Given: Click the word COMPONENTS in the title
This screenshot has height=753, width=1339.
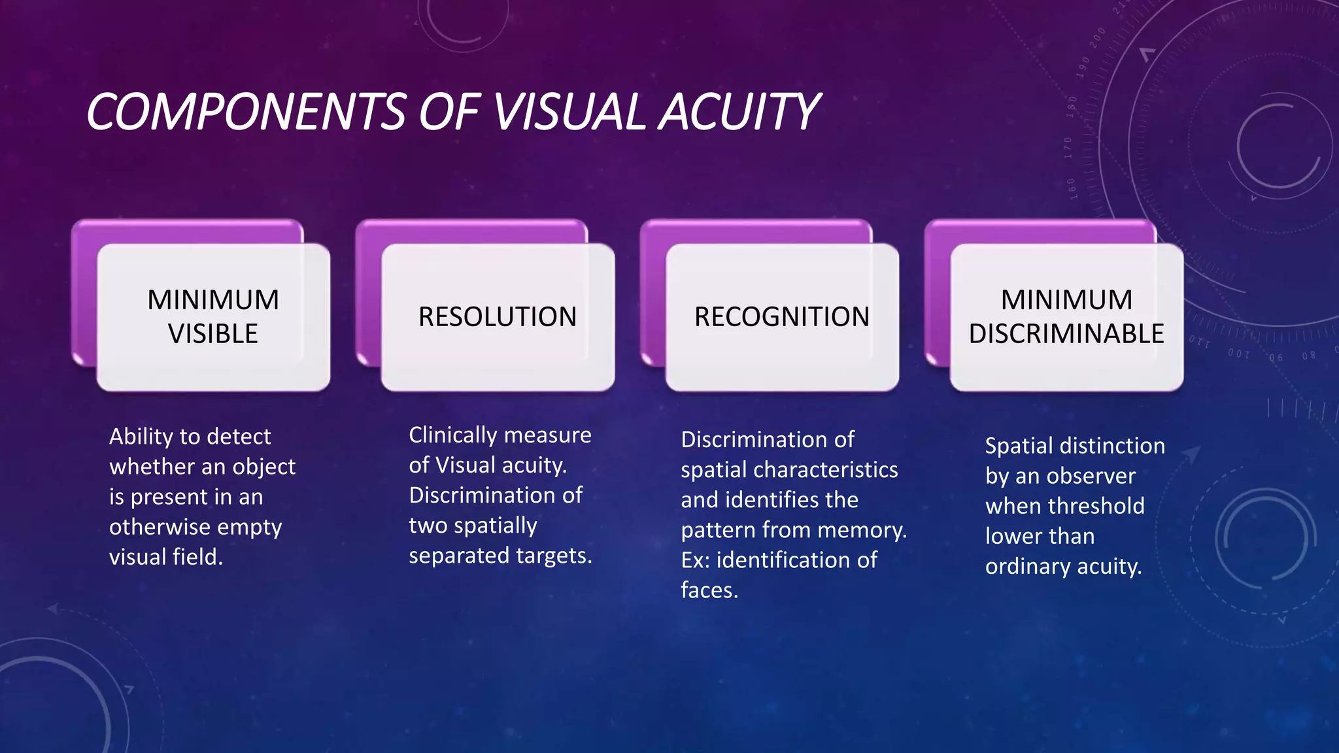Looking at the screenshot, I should click(246, 112).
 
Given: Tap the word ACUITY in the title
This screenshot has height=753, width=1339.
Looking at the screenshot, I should click(738, 112).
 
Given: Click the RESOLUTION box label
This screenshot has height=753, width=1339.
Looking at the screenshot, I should click(498, 317).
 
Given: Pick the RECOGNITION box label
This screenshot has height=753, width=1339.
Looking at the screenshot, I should click(782, 317).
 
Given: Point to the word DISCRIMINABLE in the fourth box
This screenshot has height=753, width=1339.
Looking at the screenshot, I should click(1066, 334).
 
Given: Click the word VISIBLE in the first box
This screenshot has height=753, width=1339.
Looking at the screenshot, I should click(213, 334).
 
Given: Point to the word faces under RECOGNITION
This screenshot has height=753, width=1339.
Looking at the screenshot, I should click(709, 590).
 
